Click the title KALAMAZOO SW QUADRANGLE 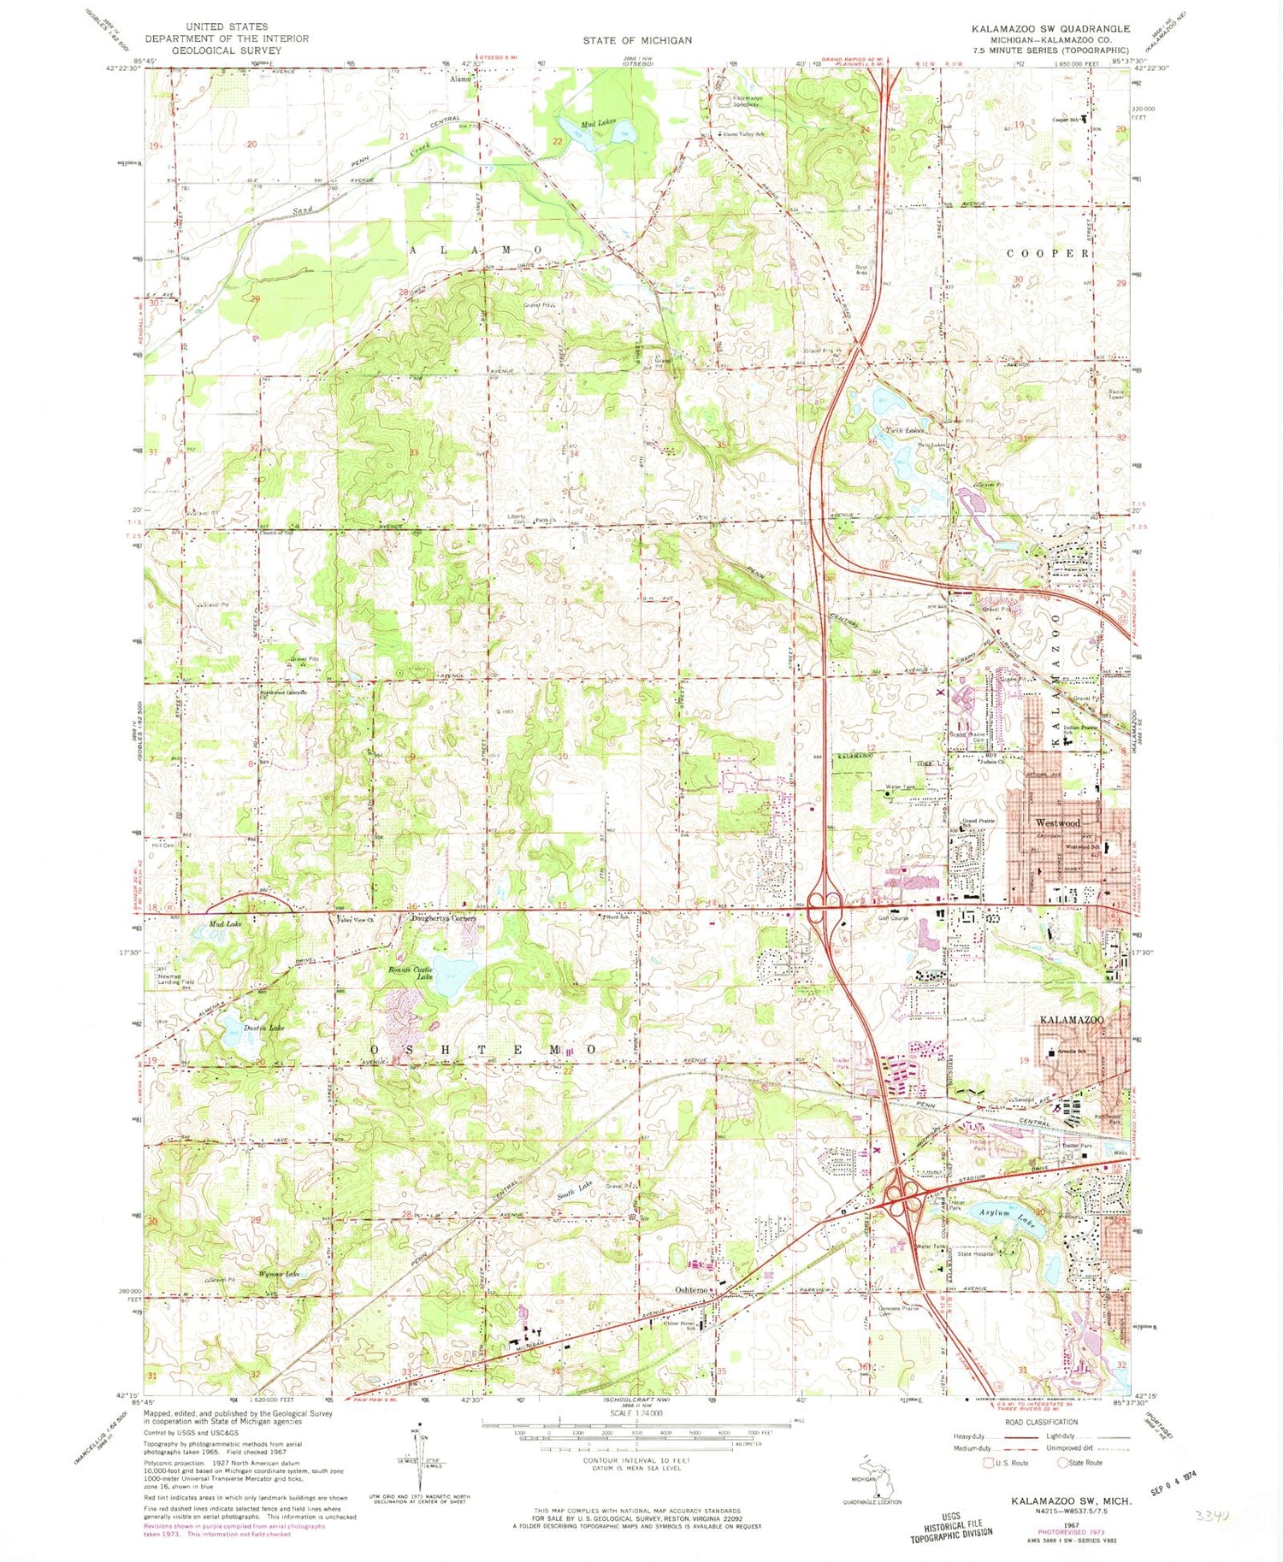click(x=1058, y=27)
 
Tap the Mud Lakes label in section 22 click(x=598, y=124)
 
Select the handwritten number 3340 click(x=1212, y=1515)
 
